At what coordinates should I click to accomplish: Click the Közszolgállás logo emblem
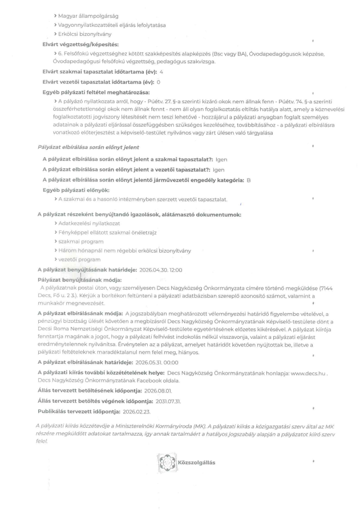(164, 461)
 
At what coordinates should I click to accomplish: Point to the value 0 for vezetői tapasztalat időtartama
(157, 82)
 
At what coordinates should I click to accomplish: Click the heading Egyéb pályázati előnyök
(76, 189)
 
